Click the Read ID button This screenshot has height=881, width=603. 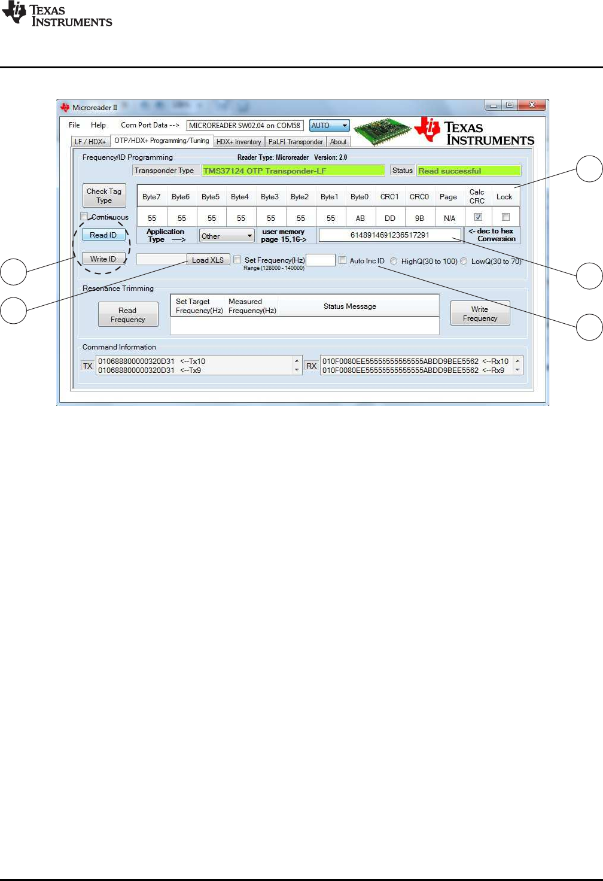pyautogui.click(x=103, y=235)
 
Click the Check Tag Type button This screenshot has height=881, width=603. pyautogui.click(x=104, y=196)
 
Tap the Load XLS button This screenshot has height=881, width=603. pyautogui.click(x=208, y=260)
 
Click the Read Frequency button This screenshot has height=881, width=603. pyautogui.click(x=128, y=315)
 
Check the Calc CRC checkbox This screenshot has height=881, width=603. pyautogui.click(x=478, y=217)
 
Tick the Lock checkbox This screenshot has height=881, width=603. pyautogui.click(x=506, y=217)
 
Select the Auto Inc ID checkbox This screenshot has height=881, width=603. pyautogui.click(x=342, y=260)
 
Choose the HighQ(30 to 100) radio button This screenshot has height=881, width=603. pyautogui.click(x=394, y=261)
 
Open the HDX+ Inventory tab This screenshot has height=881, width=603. pyautogui.click(x=239, y=142)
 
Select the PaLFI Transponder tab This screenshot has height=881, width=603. pyautogui.click(x=296, y=142)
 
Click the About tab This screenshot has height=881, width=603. pyautogui.click(x=338, y=142)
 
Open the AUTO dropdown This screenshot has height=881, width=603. pyautogui.click(x=330, y=126)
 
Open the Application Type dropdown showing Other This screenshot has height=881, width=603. pyautogui.click(x=227, y=236)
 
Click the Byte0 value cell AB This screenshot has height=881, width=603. pyautogui.click(x=360, y=218)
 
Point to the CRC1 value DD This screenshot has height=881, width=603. pyautogui.click(x=390, y=218)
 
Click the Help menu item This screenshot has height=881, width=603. pyautogui.click(x=98, y=125)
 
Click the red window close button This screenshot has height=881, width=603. pyautogui.click(x=531, y=105)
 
